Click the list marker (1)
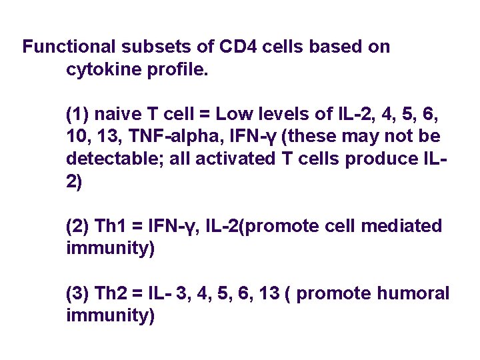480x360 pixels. [x=79, y=114]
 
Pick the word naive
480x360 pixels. [x=121, y=114]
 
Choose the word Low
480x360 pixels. [x=235, y=114]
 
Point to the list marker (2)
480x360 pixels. [x=79, y=227]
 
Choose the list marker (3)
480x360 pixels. [x=79, y=293]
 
